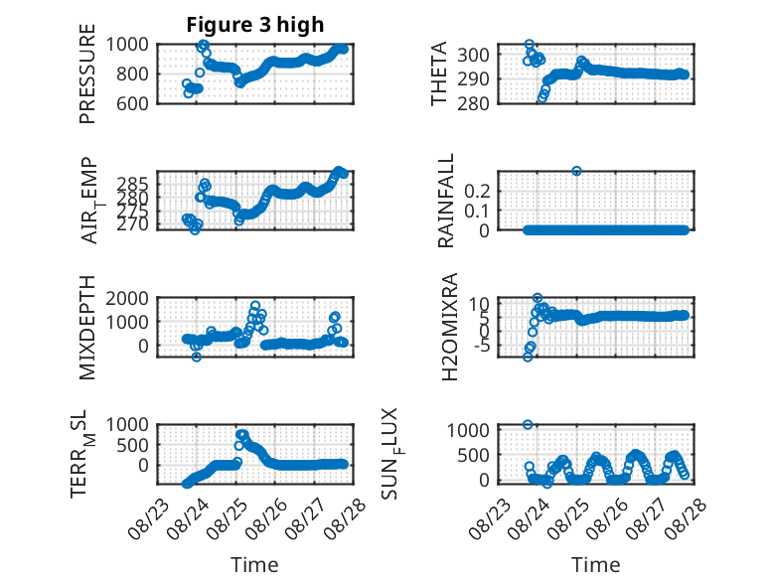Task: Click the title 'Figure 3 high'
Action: pyautogui.click(x=255, y=25)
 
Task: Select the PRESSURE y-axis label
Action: pyautogui.click(x=87, y=73)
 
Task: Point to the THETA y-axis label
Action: pyautogui.click(x=439, y=73)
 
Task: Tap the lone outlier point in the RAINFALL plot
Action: pyautogui.click(x=576, y=171)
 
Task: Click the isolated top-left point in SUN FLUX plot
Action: pyautogui.click(x=528, y=425)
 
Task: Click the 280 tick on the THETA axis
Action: pyautogui.click(x=473, y=103)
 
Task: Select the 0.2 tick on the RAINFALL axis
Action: pyautogui.click(x=477, y=191)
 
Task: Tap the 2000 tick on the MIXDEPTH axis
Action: pyautogui.click(x=127, y=298)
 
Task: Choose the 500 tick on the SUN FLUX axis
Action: pyautogui.click(x=473, y=455)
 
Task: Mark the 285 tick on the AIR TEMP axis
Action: pyautogui.click(x=133, y=185)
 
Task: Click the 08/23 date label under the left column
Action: pyautogui.click(x=148, y=519)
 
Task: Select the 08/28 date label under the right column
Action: pyautogui.click(x=686, y=519)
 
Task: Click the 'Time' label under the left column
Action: pyautogui.click(x=255, y=565)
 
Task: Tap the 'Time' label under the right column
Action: pyautogui.click(x=596, y=565)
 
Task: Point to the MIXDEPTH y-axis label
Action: pyautogui.click(x=87, y=328)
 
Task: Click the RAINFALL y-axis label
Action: pyautogui.click(x=445, y=201)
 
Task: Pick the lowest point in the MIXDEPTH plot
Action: pyautogui.click(x=196, y=357)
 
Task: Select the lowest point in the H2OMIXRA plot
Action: pyautogui.click(x=528, y=357)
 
